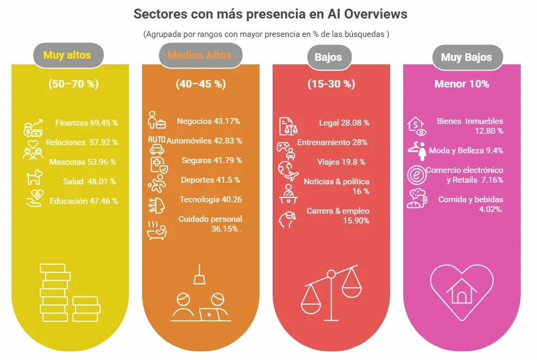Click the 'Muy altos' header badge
pos(67,55)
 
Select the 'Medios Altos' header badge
pos(199,55)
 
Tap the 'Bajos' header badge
pos(328,57)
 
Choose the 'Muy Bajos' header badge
pos(466,57)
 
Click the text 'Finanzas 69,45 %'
pos(87,123)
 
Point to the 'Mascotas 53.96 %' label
pos(83,162)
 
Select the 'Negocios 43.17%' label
pos(208,121)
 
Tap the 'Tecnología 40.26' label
pos(211,200)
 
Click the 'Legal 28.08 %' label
pos(344,123)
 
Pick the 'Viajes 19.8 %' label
pos(341,162)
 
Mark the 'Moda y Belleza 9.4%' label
pos(466,151)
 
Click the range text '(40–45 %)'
pos(201,84)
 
